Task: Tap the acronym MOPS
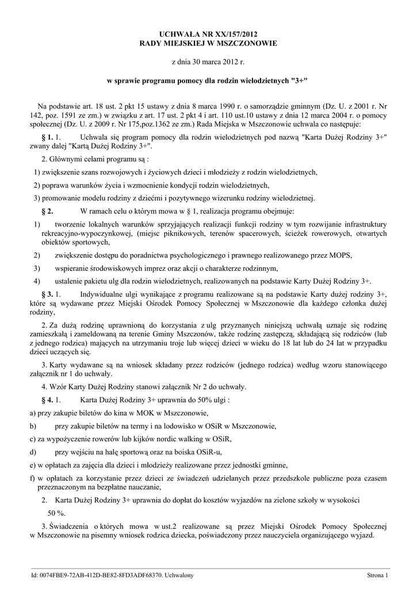(339, 255)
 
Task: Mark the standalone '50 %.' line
(56, 512)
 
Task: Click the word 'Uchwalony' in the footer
(179, 576)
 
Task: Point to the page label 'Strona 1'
(378, 576)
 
